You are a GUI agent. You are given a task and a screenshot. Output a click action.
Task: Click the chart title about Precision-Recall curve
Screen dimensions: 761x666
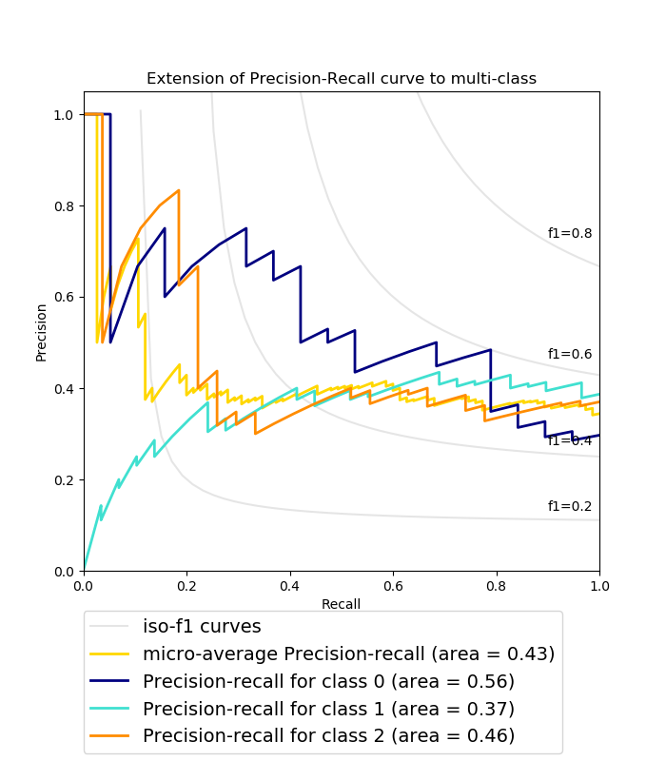tap(341, 78)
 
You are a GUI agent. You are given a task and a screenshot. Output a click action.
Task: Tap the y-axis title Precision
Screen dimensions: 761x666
tap(41, 332)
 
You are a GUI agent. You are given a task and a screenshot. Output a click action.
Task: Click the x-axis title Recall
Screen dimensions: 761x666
tap(341, 604)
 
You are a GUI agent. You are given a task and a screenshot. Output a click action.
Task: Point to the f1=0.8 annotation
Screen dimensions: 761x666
tap(570, 233)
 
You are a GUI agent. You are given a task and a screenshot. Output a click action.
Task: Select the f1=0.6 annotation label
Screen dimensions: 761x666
tap(570, 354)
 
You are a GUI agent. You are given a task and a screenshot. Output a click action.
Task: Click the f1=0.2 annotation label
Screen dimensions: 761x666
tap(570, 506)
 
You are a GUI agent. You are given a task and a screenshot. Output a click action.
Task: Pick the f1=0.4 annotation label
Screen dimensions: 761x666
tap(570, 440)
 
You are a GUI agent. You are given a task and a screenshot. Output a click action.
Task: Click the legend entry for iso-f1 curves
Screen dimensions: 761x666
tap(202, 626)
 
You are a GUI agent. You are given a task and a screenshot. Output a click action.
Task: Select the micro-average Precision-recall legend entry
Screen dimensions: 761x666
tap(348, 654)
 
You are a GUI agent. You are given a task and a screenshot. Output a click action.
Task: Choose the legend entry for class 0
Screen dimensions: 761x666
tap(328, 681)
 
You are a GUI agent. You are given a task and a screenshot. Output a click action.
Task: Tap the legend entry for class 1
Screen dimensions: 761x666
tap(328, 709)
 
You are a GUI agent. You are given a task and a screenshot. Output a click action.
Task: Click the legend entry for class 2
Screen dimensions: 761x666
tap(328, 735)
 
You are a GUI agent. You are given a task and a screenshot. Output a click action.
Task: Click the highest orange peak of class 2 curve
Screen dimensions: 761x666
tap(178, 190)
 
